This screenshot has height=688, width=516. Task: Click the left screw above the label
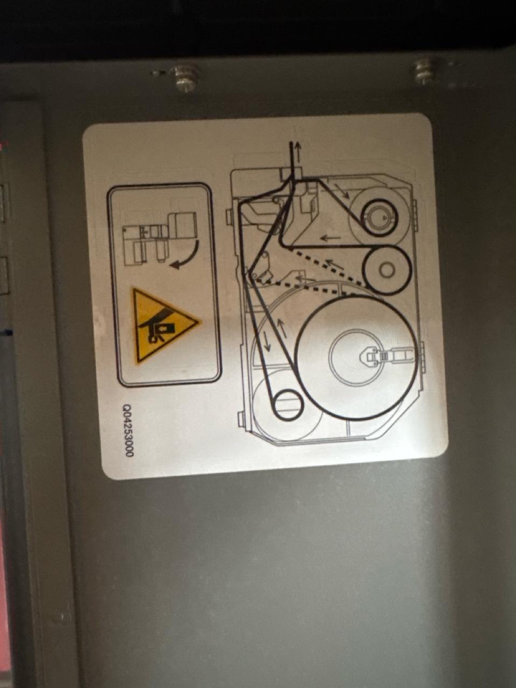tap(186, 79)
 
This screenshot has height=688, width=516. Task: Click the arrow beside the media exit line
tap(298, 152)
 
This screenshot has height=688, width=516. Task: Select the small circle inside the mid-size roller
tap(387, 270)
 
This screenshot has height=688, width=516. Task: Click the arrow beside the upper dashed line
tap(335, 265)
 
